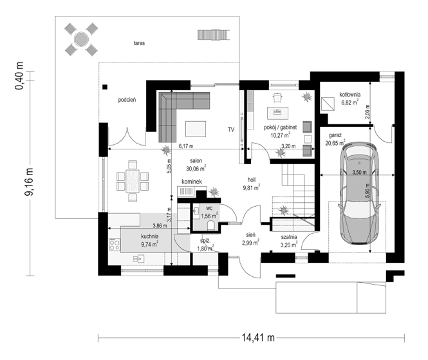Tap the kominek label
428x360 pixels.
[192, 182]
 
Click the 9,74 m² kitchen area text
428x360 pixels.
[154, 245]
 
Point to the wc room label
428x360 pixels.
[209, 209]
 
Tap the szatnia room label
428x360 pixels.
[288, 236]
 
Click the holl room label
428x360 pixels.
[252, 180]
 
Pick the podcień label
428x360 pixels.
[127, 100]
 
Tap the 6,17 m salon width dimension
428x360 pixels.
[185, 147]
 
